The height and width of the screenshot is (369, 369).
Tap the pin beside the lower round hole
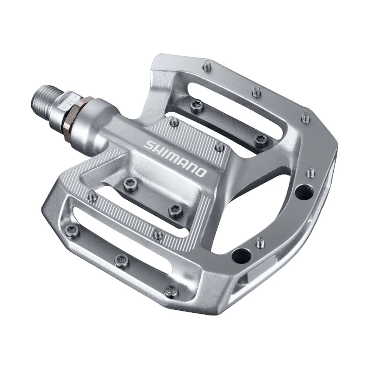pyautogui.click(x=260, y=242)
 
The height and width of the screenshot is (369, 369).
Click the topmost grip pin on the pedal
pyautogui.click(x=207, y=64)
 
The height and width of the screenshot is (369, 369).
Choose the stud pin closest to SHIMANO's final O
pyautogui.click(x=219, y=147)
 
